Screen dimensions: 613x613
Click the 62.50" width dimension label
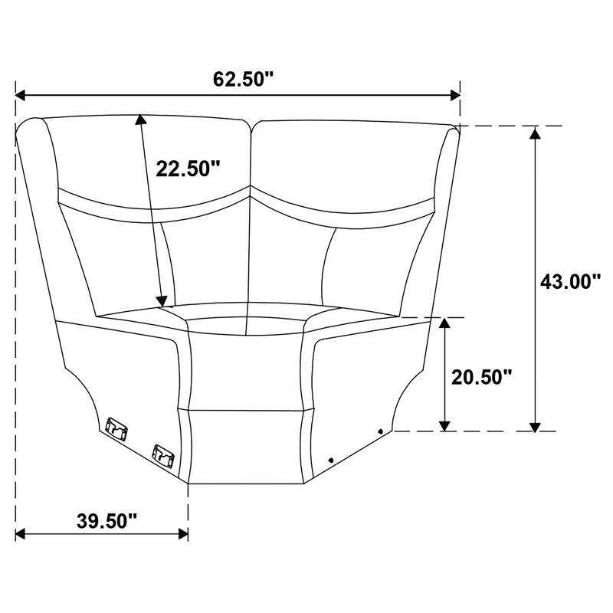pyautogui.click(x=242, y=79)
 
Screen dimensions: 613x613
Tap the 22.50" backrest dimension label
pyautogui.click(x=188, y=169)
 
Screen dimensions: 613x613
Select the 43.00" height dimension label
pyautogui.click(x=570, y=281)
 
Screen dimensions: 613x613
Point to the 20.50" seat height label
pyautogui.click(x=482, y=377)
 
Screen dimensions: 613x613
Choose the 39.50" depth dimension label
pyautogui.click(x=107, y=521)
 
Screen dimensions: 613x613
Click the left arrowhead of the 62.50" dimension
pyautogui.click(x=21, y=95)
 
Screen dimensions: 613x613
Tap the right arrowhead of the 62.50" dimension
pyautogui.click(x=455, y=95)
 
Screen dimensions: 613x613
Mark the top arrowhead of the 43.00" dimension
pyautogui.click(x=535, y=133)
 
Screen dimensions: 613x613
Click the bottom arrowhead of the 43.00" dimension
pyautogui.click(x=535, y=427)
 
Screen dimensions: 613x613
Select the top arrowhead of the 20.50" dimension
pyautogui.click(x=444, y=323)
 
